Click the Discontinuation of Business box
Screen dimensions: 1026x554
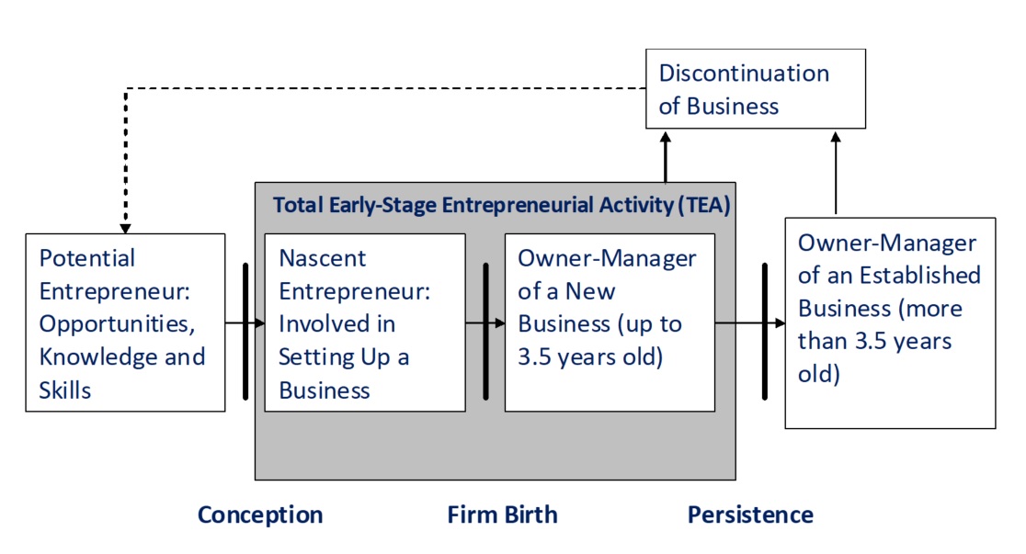coord(755,89)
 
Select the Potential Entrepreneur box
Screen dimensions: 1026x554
coord(126,322)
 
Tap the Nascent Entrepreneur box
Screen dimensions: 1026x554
coord(365,322)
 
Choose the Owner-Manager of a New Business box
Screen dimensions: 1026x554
coord(610,322)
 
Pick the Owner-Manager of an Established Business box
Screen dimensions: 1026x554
coord(890,323)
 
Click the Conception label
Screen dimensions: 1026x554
coord(260,514)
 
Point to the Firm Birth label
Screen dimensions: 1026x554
coord(503,514)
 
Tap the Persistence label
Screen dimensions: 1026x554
coord(750,514)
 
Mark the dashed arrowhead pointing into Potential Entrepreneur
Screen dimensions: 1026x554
coord(125,229)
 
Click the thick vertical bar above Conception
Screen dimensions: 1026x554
coord(245,331)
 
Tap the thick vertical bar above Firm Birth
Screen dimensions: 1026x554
coord(485,331)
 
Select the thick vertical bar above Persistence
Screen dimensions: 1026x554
coord(764,331)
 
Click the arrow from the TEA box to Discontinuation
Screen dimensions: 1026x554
coord(666,157)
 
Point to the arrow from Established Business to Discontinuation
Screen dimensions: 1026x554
coord(836,173)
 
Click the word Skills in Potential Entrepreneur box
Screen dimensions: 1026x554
coord(64,390)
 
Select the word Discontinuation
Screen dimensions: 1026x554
coord(744,73)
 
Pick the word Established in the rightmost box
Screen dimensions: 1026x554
coord(920,276)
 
